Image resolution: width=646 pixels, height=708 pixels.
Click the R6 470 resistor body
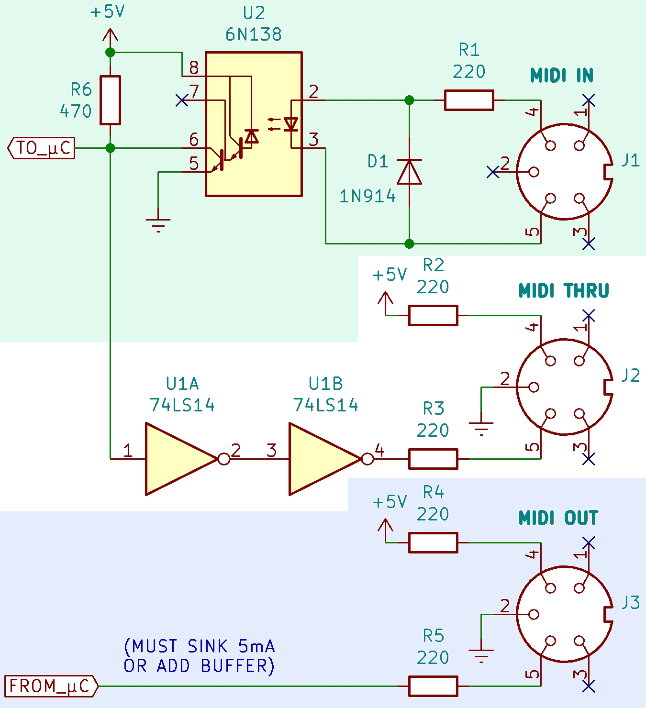(x=110, y=100)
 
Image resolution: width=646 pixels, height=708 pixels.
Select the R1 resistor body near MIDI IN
(x=468, y=100)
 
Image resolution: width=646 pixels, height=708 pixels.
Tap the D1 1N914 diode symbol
(x=409, y=172)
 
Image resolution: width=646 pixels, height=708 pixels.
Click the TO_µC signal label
(x=41, y=148)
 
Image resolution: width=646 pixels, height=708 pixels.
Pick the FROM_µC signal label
(x=51, y=686)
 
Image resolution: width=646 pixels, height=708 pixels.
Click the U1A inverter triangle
(x=182, y=459)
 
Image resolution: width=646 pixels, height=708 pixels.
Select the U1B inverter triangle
(x=325, y=459)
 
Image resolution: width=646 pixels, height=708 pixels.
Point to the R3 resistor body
(x=433, y=459)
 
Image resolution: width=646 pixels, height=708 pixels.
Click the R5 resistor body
(x=433, y=686)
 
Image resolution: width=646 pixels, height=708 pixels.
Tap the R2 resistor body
(x=433, y=316)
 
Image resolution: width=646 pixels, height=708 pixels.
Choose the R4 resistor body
(x=433, y=543)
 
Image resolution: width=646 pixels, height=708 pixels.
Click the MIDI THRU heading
(x=564, y=290)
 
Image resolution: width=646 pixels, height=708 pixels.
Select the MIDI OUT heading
(x=558, y=518)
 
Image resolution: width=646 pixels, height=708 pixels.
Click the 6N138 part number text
(x=253, y=34)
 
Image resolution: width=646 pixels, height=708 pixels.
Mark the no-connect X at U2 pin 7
(x=182, y=100)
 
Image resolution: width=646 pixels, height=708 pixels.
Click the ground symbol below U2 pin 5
(x=158, y=225)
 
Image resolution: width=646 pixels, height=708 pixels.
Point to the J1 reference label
(x=630, y=161)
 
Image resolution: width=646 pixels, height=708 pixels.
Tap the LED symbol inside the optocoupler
(x=291, y=124)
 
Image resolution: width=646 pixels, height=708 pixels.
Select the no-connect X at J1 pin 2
(x=493, y=172)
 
